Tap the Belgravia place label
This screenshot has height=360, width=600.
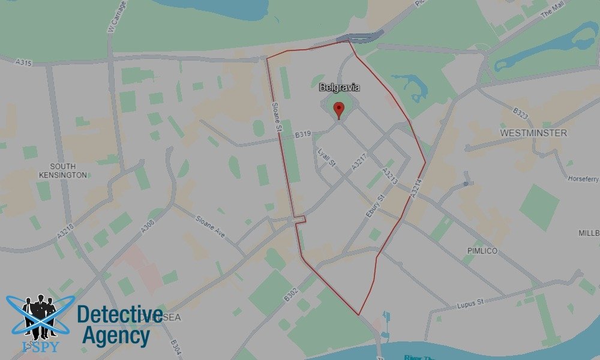(x=340, y=88)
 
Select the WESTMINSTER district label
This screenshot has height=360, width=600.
(x=533, y=133)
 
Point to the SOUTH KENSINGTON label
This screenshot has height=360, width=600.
(x=68, y=170)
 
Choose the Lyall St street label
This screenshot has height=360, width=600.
(x=328, y=158)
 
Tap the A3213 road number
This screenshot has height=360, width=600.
(x=389, y=175)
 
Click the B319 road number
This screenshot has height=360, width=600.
(x=302, y=136)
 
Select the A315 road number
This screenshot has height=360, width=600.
(x=23, y=62)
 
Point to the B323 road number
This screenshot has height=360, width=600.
(x=520, y=114)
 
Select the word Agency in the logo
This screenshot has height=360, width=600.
(x=116, y=336)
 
